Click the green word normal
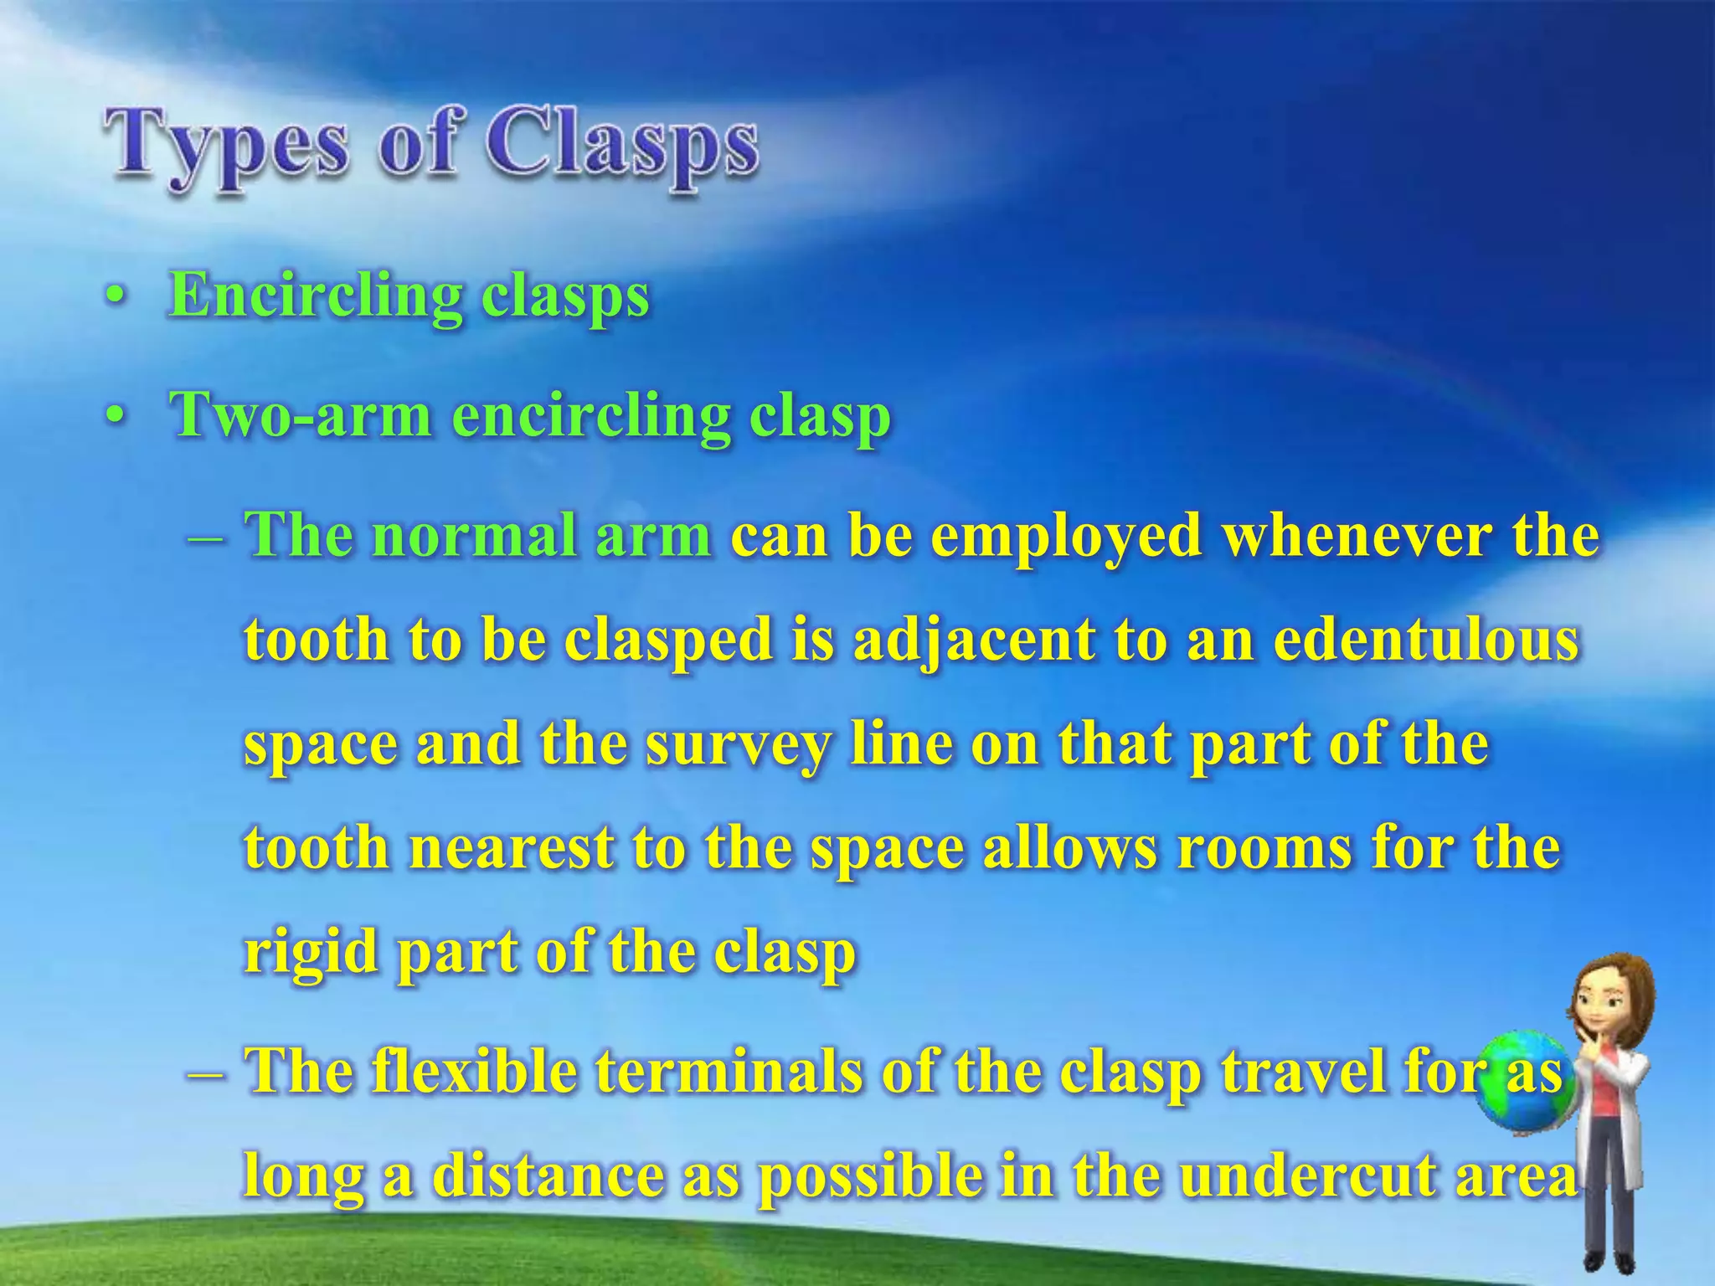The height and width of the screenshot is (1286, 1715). click(x=477, y=535)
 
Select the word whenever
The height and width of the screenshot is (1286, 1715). click(x=1356, y=535)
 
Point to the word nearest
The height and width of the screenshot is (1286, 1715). click(x=512, y=848)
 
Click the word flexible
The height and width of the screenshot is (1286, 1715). click(x=474, y=1071)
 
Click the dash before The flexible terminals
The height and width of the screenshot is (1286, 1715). click(x=204, y=1073)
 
